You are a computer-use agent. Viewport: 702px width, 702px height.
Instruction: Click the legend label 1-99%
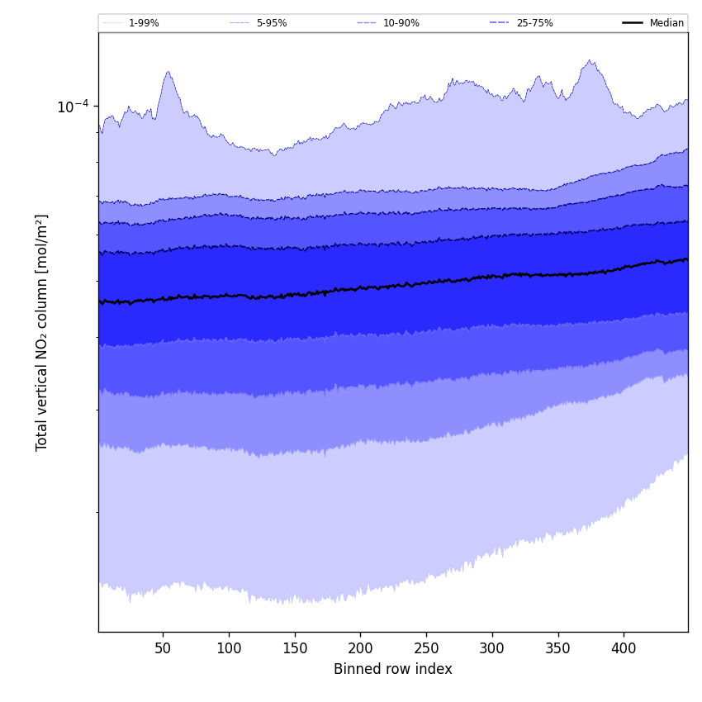(144, 23)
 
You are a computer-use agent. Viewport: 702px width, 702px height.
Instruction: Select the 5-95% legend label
(272, 23)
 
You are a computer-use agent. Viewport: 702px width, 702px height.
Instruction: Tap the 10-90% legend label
(401, 23)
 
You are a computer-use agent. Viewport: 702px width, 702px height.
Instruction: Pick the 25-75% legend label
(534, 23)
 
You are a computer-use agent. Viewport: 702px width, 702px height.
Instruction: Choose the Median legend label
(666, 23)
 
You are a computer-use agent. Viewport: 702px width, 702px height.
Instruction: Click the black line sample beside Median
(633, 23)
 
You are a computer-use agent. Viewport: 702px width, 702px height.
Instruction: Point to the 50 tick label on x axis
(163, 649)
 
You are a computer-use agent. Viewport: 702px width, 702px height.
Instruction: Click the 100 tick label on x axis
(229, 649)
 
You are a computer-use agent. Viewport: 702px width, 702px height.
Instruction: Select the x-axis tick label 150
(295, 649)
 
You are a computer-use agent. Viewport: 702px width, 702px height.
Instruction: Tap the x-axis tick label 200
(360, 649)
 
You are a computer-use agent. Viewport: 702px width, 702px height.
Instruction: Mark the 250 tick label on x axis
(426, 649)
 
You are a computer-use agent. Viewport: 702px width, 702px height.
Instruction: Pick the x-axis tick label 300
(492, 649)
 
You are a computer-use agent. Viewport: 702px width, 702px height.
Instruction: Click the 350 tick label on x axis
(558, 649)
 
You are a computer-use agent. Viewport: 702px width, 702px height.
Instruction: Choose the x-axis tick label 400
(624, 649)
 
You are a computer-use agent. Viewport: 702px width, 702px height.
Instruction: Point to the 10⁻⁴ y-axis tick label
(73, 107)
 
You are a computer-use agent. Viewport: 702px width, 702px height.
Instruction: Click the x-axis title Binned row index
(393, 670)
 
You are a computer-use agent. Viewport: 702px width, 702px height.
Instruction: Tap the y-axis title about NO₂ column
(42, 332)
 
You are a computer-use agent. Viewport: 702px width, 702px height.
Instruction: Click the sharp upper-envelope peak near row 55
(168, 72)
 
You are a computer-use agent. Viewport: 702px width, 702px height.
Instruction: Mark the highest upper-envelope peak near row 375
(589, 59)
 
